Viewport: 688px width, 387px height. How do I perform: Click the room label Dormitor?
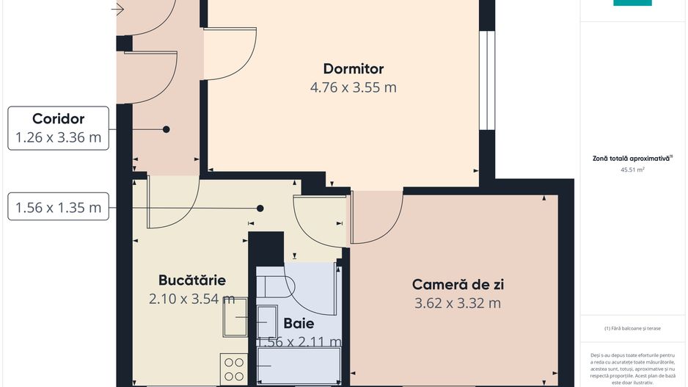pos(353,69)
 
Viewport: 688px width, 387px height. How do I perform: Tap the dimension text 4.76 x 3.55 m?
pos(353,87)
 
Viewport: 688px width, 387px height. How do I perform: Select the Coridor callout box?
pos(59,128)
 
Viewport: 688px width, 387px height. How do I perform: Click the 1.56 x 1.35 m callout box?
pos(59,207)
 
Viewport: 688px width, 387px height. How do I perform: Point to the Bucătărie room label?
pos(192,280)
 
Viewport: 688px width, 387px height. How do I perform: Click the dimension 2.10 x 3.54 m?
pos(192,298)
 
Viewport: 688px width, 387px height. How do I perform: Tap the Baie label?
pos(299,323)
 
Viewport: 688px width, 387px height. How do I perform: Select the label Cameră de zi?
pos(458,284)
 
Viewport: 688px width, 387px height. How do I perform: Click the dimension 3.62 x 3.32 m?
pos(458,303)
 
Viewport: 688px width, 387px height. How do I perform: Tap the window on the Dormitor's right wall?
pos(486,81)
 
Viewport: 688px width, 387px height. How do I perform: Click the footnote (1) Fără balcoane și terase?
pos(632,328)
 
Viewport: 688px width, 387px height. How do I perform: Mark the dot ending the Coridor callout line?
pos(166,129)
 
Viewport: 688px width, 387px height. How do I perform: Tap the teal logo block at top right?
pos(632,3)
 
